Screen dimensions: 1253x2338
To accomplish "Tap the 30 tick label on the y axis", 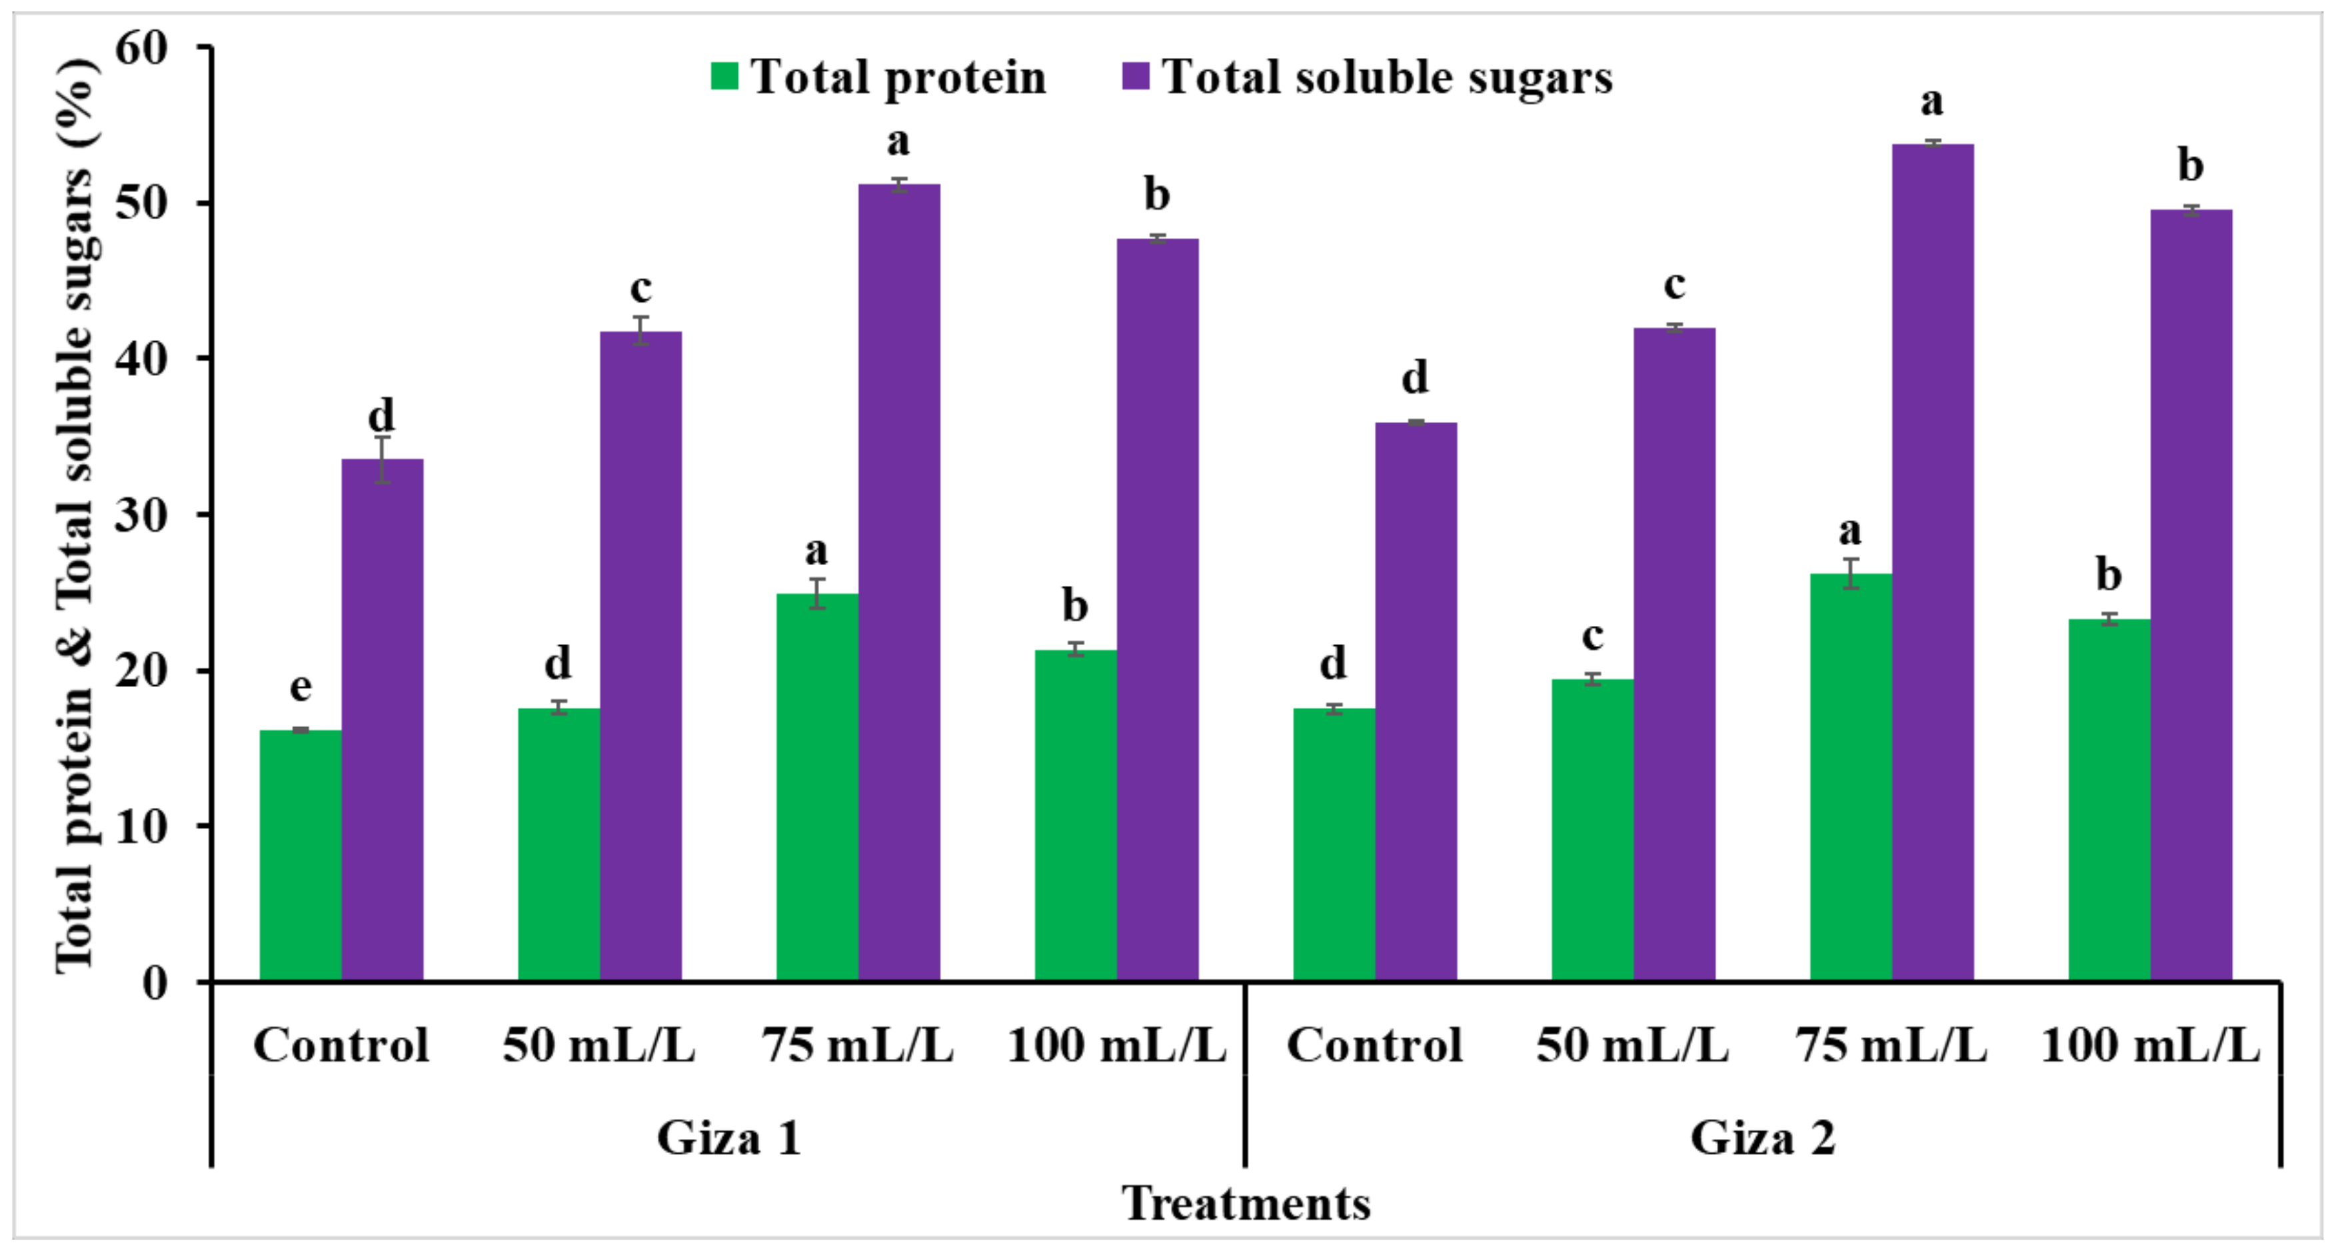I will [x=143, y=515].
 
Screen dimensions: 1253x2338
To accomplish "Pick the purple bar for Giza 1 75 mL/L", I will [x=898, y=581].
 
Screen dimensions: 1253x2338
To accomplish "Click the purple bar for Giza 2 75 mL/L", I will [x=1932, y=563].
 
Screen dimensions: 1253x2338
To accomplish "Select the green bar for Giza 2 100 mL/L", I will [x=2108, y=798].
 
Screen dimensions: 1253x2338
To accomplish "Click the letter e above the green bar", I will [x=301, y=687].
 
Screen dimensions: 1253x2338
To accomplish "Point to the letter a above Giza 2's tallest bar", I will [x=1931, y=101].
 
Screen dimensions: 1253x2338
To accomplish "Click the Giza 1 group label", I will [x=729, y=1137].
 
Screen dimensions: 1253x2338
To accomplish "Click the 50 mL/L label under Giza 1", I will [x=599, y=1044].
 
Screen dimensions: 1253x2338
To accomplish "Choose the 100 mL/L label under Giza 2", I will [x=2149, y=1044].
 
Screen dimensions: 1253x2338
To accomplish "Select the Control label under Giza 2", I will [x=1374, y=1044].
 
